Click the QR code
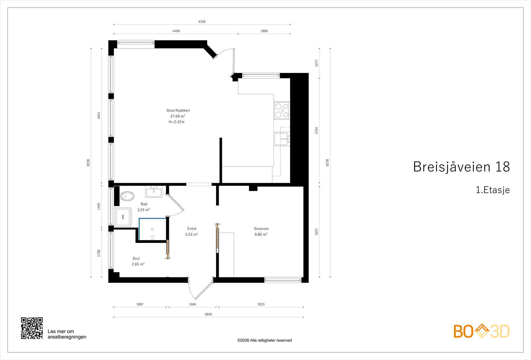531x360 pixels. pos(32,328)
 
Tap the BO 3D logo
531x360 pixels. pos(482,331)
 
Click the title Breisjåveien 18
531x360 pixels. pos(461,167)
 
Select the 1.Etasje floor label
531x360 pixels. pos(493,190)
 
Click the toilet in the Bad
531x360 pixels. pos(127,196)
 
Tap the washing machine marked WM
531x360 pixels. pos(123,217)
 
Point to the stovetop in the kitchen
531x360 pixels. pos(282,110)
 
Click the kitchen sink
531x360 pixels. pos(282,139)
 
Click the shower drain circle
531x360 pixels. pos(152,229)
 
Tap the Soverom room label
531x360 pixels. pos(261,229)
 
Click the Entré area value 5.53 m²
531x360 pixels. pos(191,234)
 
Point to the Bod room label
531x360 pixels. pos(136,258)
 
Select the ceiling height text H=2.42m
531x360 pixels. pos(176,122)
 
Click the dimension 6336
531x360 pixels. pos(202,22)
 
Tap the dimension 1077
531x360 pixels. pos(317,63)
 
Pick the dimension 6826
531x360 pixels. pos(208,314)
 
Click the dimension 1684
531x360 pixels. pos(192,304)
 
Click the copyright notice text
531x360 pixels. pos(265,340)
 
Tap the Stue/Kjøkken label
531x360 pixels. pos(178,110)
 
